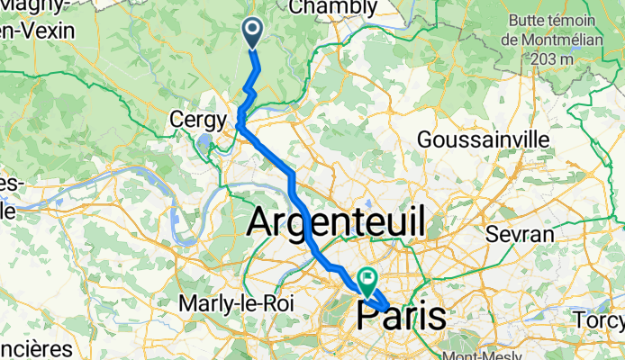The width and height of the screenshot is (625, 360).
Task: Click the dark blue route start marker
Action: [252, 32]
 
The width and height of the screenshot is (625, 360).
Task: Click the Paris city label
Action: [401, 316]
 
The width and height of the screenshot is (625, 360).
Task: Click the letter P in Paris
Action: [370, 317]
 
